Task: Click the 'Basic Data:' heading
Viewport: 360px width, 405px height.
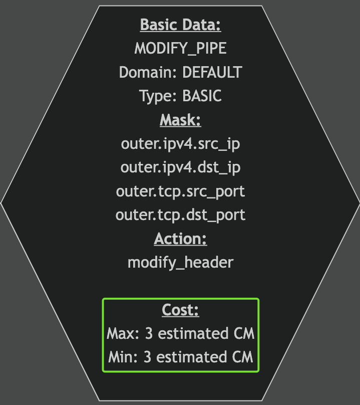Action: tap(180, 25)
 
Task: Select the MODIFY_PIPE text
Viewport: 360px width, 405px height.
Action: tap(180, 49)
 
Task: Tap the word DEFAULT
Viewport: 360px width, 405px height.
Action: tap(212, 72)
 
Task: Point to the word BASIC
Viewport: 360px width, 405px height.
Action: tap(202, 96)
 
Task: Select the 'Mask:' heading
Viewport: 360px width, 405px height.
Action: tap(180, 120)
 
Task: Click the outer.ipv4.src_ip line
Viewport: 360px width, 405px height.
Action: tap(180, 144)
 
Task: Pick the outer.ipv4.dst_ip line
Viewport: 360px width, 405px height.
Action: tap(180, 167)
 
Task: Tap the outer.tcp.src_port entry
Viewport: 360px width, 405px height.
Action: tap(180, 191)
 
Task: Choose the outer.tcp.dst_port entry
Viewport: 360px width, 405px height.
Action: tap(180, 215)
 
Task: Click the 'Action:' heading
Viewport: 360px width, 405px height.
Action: tap(180, 239)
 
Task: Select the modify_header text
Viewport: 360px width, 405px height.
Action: tap(180, 263)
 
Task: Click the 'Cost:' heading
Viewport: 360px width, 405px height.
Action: tap(180, 310)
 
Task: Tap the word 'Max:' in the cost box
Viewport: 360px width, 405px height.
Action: tap(124, 334)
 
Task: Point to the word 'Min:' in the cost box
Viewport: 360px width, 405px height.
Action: tap(124, 358)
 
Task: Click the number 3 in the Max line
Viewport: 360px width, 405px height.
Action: tap(149, 334)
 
